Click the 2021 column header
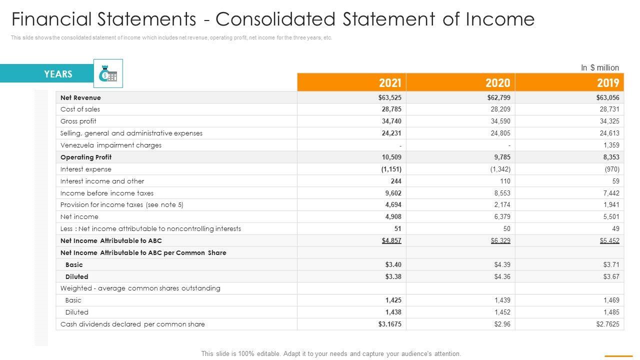[x=390, y=82]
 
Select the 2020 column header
[x=498, y=82]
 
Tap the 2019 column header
[x=607, y=82]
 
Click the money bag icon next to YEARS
[x=108, y=74]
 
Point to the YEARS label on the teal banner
[x=58, y=74]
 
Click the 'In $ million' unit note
[x=599, y=67]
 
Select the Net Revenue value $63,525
[x=390, y=97]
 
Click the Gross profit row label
[x=78, y=121]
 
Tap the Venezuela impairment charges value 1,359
[x=611, y=145]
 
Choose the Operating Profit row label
[x=86, y=157]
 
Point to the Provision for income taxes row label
[x=122, y=204]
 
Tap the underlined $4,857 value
[x=391, y=240]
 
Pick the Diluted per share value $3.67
[x=610, y=276]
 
